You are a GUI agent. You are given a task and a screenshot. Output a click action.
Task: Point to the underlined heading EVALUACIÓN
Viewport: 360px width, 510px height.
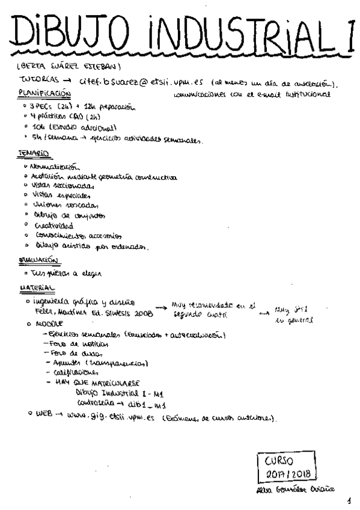[x=39, y=260]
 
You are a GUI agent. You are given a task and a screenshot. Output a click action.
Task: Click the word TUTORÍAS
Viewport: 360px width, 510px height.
[x=38, y=80]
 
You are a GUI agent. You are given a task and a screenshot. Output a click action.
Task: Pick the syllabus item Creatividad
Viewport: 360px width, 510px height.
[x=54, y=226]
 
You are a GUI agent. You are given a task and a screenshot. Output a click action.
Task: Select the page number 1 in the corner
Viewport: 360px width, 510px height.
[x=349, y=500]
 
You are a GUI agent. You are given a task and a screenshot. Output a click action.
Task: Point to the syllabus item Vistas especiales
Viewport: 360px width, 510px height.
[x=63, y=195]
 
